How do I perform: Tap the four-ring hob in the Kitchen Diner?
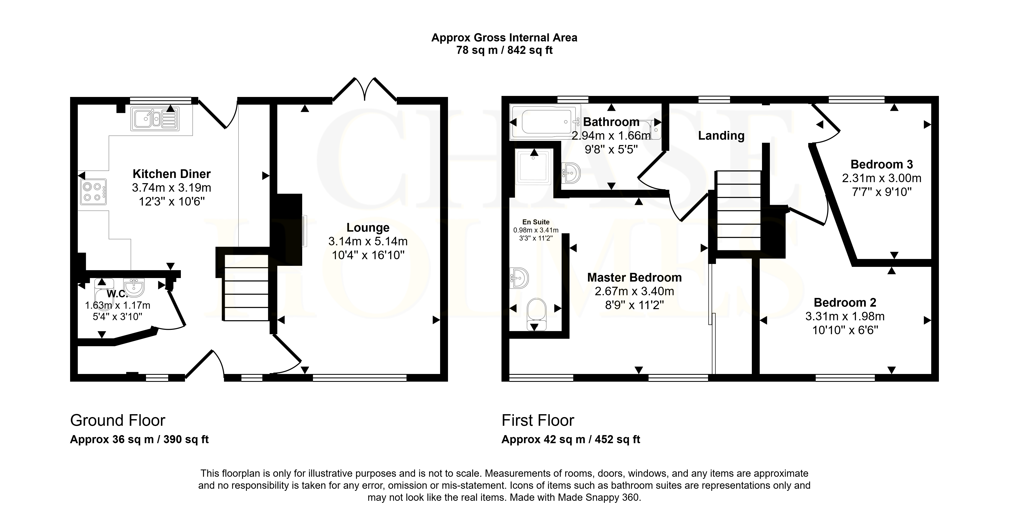click(x=93, y=192)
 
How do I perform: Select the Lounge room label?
click(x=368, y=227)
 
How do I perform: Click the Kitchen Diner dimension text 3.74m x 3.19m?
click(x=172, y=188)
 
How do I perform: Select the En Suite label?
click(x=536, y=222)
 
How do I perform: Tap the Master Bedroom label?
click(x=635, y=277)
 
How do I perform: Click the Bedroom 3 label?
click(x=882, y=164)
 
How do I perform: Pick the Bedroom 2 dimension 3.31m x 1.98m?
click(x=845, y=316)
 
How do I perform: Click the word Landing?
click(x=721, y=136)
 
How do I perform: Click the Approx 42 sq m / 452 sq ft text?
click(x=571, y=440)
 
